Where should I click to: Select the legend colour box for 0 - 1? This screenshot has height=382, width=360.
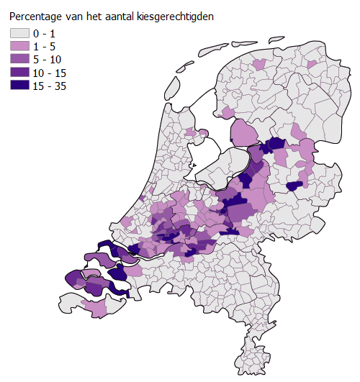click(x=19, y=33)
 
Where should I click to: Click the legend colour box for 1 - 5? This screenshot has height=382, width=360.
click(x=19, y=46)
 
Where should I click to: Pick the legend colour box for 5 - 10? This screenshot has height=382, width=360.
click(x=19, y=59)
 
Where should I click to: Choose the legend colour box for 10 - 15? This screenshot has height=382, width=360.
click(x=19, y=72)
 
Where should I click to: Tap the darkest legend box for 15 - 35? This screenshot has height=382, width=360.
click(x=19, y=85)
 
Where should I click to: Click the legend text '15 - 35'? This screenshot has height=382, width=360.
click(x=48, y=85)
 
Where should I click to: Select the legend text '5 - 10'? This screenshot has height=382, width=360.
click(x=47, y=59)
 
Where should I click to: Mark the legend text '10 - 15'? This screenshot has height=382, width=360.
click(x=48, y=72)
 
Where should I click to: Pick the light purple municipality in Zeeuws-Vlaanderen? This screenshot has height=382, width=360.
click(x=95, y=308)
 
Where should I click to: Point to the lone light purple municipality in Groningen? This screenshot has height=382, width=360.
click(x=311, y=65)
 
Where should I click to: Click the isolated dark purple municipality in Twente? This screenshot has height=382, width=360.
click(x=294, y=186)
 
